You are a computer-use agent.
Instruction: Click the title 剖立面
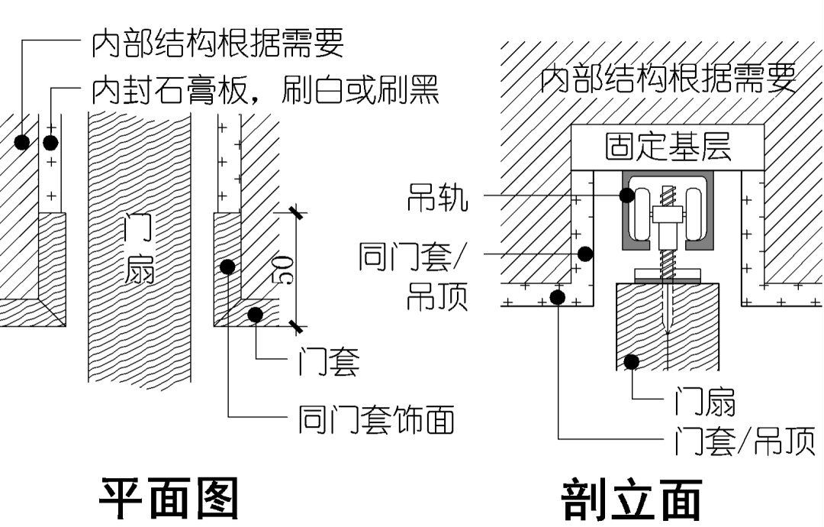pyautogui.click(x=631, y=500)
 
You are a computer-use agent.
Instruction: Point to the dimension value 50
pyautogui.click(x=282, y=268)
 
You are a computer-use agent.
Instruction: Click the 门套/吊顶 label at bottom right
pyautogui.click(x=744, y=441)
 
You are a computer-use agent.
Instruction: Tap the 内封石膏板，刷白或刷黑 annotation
pyautogui.click(x=265, y=90)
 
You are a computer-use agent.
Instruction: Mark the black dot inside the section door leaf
pyautogui.click(x=631, y=361)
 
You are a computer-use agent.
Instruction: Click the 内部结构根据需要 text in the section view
pyautogui.click(x=668, y=78)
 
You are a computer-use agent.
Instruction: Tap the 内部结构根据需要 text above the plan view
pyautogui.click(x=217, y=44)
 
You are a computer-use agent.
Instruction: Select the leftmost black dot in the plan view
pyautogui.click(x=22, y=142)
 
